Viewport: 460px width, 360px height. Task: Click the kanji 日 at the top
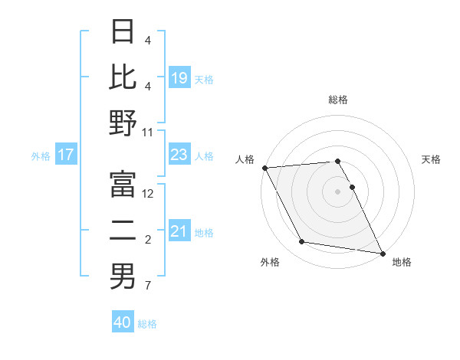tap(123, 32)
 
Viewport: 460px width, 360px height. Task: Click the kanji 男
tap(123, 277)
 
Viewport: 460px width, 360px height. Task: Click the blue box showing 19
tap(179, 78)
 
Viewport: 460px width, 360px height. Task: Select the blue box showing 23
tap(179, 155)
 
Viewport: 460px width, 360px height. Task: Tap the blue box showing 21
tap(179, 231)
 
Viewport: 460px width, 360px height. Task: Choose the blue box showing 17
tap(66, 155)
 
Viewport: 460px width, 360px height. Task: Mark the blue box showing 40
tap(123, 322)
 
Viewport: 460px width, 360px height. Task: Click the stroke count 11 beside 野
tap(148, 132)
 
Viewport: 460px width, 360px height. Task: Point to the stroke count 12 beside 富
tap(148, 194)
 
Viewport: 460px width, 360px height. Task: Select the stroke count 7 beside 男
tap(148, 286)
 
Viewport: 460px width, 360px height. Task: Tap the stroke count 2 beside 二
tap(148, 240)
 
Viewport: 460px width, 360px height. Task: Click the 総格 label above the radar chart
tap(338, 100)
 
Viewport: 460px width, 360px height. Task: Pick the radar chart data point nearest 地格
tap(382, 252)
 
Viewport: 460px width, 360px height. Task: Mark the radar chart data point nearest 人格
tap(264, 168)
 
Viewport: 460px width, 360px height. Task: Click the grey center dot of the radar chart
tap(338, 191)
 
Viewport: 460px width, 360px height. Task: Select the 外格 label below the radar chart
tap(270, 263)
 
